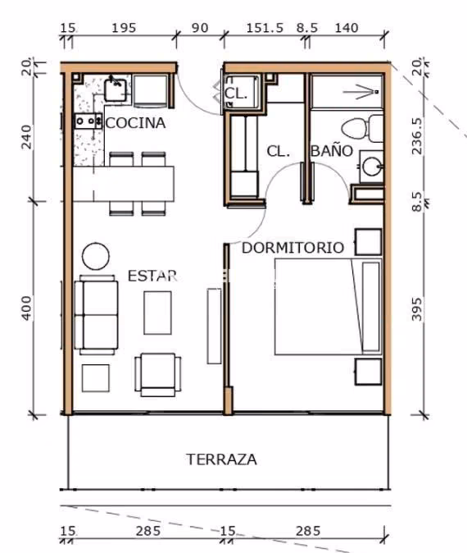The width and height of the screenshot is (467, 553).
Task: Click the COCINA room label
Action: click(135, 123)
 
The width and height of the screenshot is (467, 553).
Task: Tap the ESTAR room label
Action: click(152, 276)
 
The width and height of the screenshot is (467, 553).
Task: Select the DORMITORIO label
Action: click(292, 248)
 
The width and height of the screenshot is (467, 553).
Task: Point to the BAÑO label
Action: click(332, 151)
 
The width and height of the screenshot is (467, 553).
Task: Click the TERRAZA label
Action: click(221, 459)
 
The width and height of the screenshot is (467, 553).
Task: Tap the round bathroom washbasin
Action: click(372, 166)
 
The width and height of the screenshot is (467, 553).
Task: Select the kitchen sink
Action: click(116, 90)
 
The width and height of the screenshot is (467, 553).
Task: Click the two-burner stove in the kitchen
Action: click(88, 121)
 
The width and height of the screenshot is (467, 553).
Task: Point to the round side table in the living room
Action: click(95, 256)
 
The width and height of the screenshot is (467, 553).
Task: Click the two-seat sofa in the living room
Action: click(96, 315)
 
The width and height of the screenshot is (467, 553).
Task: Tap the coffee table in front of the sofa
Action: click(158, 313)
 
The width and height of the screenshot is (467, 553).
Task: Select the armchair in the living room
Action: click(158, 374)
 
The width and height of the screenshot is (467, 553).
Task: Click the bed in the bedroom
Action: click(329, 307)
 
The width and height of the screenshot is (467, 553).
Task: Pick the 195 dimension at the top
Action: click(124, 28)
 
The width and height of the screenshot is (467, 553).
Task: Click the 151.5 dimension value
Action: click(265, 28)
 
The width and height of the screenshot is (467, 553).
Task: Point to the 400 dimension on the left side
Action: click(27, 308)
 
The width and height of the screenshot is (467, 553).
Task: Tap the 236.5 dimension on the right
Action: click(416, 135)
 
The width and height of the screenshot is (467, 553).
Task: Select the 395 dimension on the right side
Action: click(416, 309)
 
